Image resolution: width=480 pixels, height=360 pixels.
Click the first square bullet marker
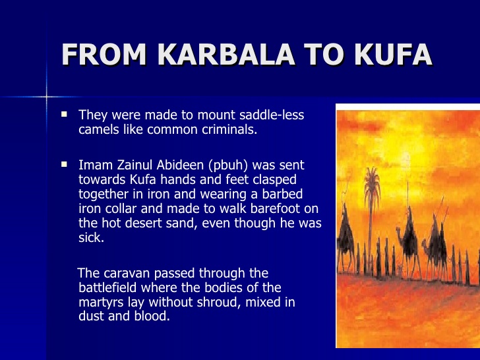64,114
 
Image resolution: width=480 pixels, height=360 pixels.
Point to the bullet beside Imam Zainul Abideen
64,164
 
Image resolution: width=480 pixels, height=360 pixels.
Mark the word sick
90,237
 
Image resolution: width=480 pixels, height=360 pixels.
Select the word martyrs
99,302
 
